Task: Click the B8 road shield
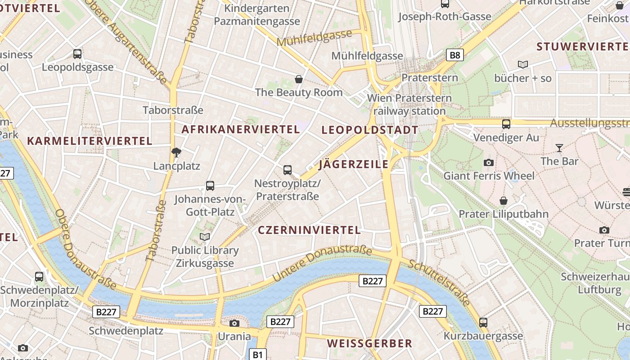coord(455,55)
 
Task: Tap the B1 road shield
coord(257,354)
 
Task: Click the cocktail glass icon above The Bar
coord(559,148)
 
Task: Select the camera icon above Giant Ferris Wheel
coord(489,162)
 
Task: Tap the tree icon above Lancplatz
coord(176,153)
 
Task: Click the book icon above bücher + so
coord(522,65)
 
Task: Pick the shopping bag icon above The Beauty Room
coord(298,80)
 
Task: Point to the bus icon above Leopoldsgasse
coord(77,54)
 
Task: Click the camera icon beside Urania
coord(234,323)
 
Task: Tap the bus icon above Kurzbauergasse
coord(483,322)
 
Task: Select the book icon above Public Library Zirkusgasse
coord(205,237)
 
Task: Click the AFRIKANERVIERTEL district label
coord(240,130)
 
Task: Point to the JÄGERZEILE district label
coord(353,164)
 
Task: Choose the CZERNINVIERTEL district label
coord(309,230)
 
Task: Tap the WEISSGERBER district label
coord(369,343)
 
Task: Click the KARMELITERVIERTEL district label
coord(90,141)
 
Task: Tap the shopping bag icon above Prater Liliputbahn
coord(503,201)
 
